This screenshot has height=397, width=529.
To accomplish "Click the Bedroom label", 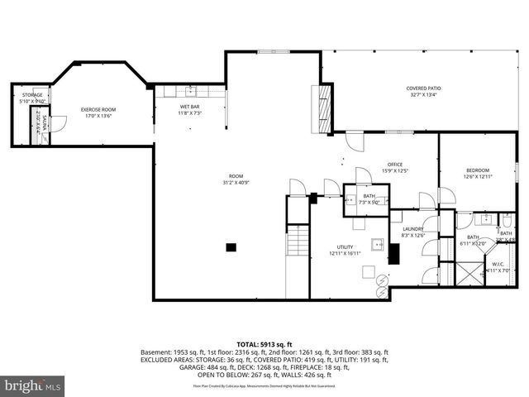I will [x=477, y=170].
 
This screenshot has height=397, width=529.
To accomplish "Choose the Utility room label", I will [x=345, y=247].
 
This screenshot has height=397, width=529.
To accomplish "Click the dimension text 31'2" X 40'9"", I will [x=236, y=182].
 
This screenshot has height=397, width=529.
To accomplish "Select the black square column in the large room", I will [x=232, y=246].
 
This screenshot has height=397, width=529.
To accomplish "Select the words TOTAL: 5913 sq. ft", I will [x=264, y=343].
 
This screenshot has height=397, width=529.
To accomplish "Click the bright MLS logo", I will [x=32, y=386].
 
